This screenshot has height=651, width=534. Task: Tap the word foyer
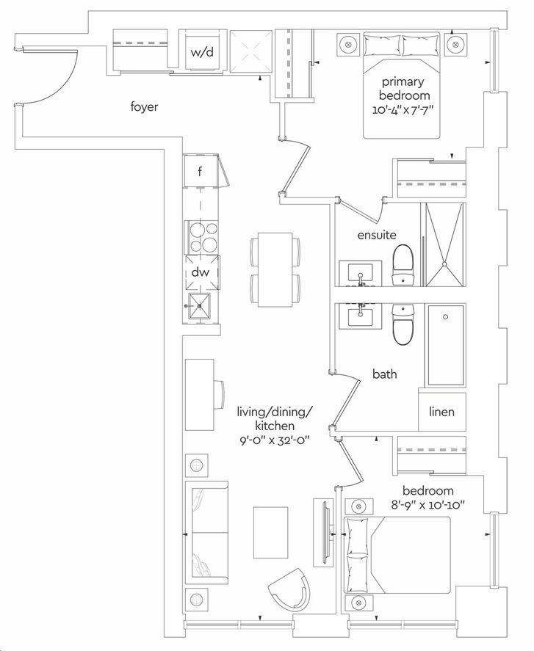point(144,107)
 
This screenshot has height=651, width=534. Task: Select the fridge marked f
point(200,173)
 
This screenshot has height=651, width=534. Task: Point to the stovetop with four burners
point(201,236)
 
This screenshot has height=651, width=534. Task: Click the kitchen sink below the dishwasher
point(200,302)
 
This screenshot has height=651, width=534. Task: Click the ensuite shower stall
point(443,244)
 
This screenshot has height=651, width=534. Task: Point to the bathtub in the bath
point(443,345)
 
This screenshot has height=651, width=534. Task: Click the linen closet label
point(441,412)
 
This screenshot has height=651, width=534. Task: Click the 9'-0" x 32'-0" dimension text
point(265,440)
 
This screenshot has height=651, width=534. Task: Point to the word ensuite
point(377,235)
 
